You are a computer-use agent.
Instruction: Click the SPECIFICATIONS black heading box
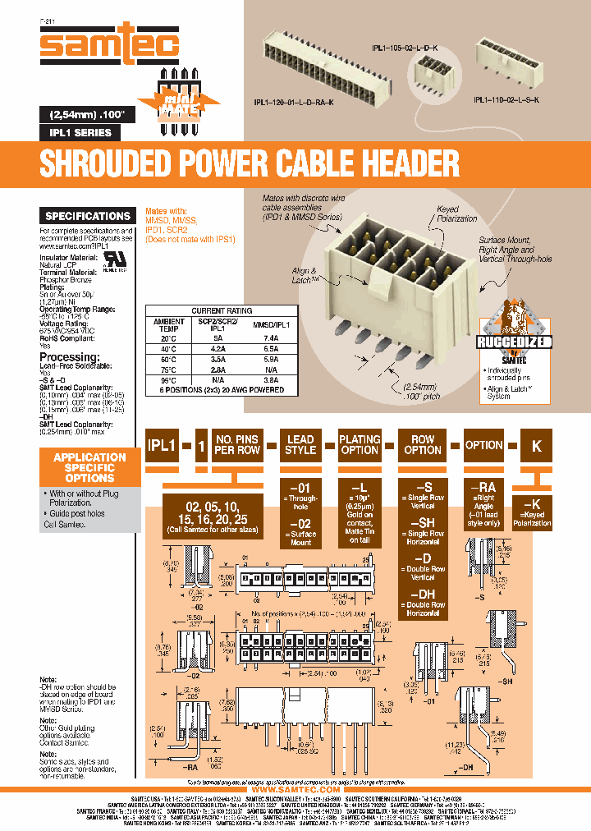[88, 216]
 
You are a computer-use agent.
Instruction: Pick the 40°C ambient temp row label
[168, 347]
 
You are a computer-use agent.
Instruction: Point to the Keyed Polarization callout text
[456, 214]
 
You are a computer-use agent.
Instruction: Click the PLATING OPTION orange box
[360, 445]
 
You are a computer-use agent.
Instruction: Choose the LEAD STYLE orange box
[300, 445]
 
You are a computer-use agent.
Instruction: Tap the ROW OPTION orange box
[423, 445]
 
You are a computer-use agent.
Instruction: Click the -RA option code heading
[483, 486]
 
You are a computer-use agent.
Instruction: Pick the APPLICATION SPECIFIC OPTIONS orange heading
[89, 467]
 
